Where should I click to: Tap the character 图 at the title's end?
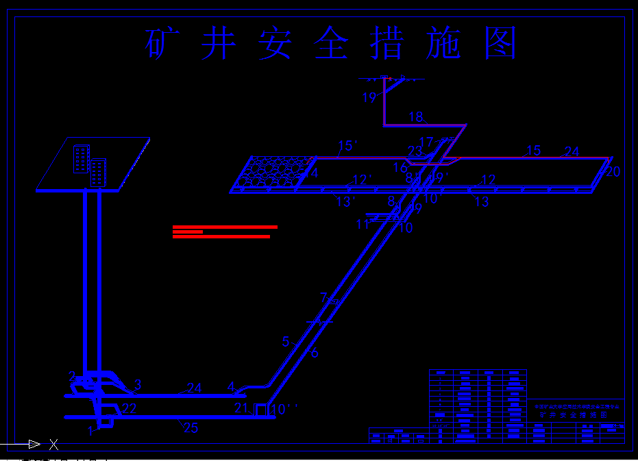[500, 44]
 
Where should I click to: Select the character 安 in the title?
[275, 44]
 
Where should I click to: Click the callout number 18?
[416, 117]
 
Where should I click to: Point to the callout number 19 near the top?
[369, 98]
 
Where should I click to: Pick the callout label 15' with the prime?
[349, 146]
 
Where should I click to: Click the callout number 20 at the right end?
[613, 172]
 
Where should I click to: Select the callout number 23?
[415, 151]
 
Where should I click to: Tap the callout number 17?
[426, 142]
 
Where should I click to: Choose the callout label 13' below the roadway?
[345, 201]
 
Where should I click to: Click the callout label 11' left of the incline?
[364, 224]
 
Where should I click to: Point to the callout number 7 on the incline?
[323, 298]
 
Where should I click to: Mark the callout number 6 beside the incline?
[315, 353]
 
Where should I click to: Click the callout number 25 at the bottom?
[191, 429]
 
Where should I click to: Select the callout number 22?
[130, 409]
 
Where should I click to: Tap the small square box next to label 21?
[260, 410]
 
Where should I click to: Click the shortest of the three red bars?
[188, 232]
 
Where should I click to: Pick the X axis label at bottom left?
[53, 445]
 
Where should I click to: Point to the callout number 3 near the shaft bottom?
[138, 384]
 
